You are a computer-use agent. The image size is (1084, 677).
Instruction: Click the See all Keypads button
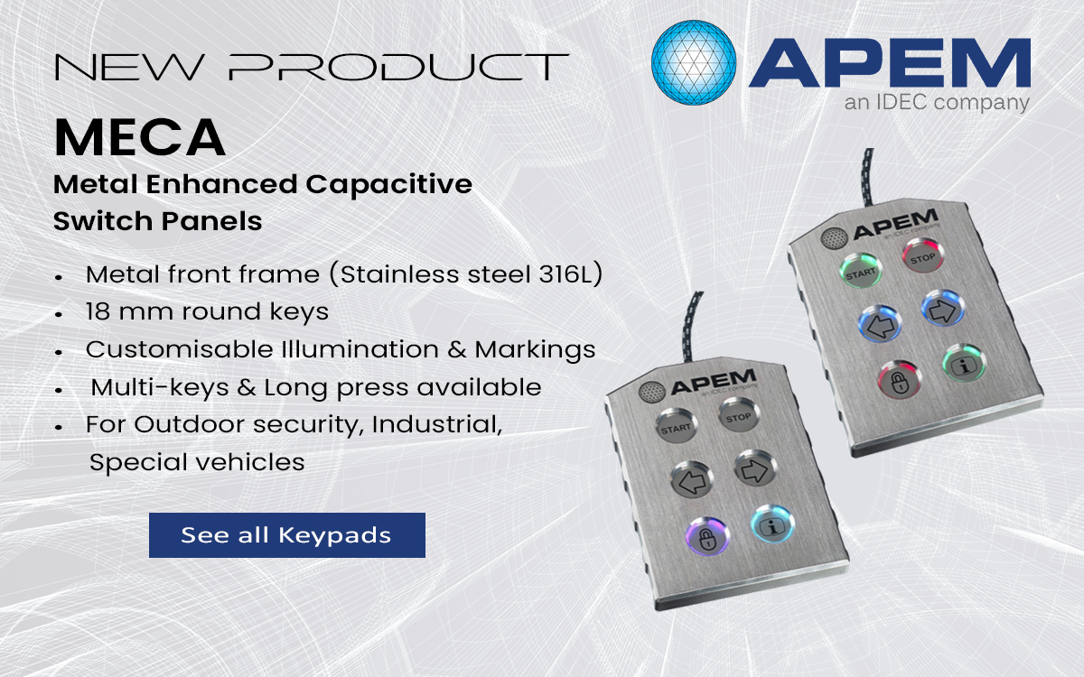pyautogui.click(x=286, y=534)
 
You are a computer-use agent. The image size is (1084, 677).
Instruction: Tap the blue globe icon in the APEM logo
pyautogui.click(x=694, y=62)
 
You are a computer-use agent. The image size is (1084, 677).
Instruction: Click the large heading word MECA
pyautogui.click(x=139, y=138)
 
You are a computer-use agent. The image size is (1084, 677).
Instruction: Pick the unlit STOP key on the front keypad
pyautogui.click(x=738, y=415)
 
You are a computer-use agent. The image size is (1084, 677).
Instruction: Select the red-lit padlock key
pyautogui.click(x=897, y=379)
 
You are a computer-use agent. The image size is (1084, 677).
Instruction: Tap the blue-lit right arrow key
pyautogui.click(x=941, y=308)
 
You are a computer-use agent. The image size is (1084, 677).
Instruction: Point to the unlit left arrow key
pyautogui.click(x=689, y=479)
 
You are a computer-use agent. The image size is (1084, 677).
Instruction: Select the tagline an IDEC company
pyautogui.click(x=936, y=103)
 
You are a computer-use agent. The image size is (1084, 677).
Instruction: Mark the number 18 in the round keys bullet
pyautogui.click(x=98, y=312)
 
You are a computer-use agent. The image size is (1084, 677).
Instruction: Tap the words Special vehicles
pyautogui.click(x=197, y=462)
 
